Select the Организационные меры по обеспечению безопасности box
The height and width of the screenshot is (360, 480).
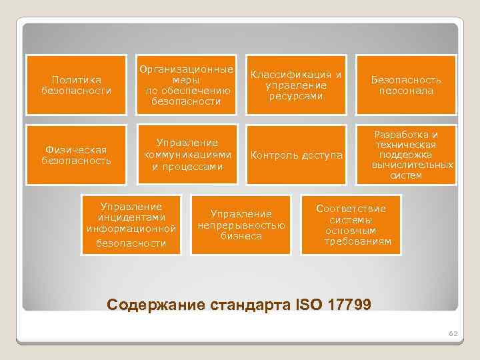[186, 85]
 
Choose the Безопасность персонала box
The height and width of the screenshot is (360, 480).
[406, 85]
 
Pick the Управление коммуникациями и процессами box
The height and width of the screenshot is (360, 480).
[187, 155]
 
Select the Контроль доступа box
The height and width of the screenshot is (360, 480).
[297, 155]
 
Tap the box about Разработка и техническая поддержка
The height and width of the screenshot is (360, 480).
[406, 155]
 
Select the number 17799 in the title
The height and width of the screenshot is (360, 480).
[348, 305]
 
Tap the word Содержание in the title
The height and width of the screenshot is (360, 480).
[149, 305]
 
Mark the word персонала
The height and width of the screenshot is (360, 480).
[407, 91]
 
